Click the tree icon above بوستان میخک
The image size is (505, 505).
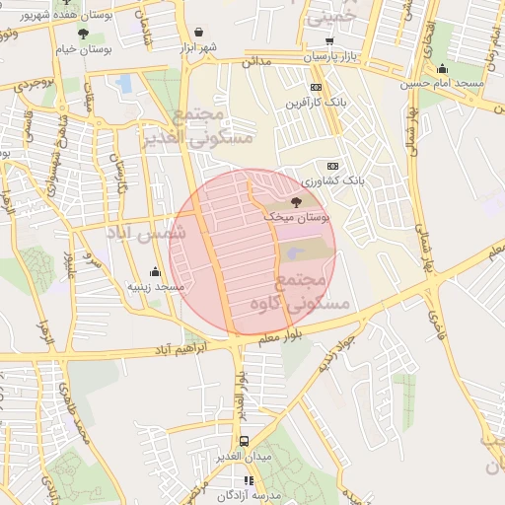pos(297,200)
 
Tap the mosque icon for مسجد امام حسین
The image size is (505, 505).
pos(443,68)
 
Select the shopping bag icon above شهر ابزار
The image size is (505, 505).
pos(200,33)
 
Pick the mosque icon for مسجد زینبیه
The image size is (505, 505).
pos(155,271)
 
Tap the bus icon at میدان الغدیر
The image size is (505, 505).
pos(244,441)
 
